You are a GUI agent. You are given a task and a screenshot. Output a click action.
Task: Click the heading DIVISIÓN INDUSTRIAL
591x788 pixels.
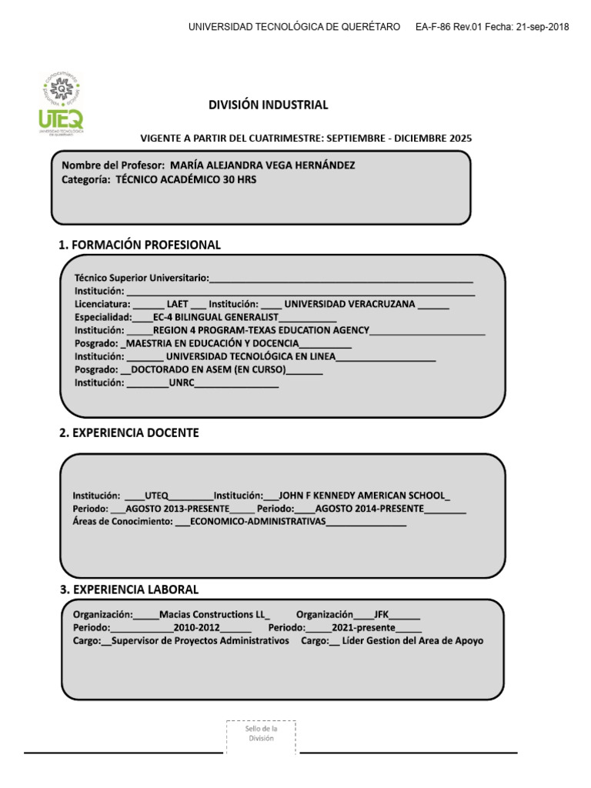tap(269, 105)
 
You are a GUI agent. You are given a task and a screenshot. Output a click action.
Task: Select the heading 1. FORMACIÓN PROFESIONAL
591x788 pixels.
tap(140, 245)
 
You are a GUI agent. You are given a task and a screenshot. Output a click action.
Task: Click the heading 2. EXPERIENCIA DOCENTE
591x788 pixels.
tap(129, 433)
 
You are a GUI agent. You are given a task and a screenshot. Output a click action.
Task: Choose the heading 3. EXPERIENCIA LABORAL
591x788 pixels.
tap(129, 589)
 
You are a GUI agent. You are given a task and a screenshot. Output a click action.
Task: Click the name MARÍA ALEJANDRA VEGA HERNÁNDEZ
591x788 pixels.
tap(262, 165)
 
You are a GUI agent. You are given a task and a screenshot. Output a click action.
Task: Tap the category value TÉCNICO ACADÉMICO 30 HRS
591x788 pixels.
tap(185, 180)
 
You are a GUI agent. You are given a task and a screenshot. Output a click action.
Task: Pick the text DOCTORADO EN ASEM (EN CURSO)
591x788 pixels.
tap(208, 369)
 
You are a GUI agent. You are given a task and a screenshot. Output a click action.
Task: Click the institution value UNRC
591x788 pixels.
tap(181, 382)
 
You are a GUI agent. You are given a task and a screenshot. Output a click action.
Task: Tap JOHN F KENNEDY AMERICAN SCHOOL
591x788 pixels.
tap(362, 496)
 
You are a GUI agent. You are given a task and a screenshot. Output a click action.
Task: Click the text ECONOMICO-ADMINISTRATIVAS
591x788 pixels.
tap(258, 523)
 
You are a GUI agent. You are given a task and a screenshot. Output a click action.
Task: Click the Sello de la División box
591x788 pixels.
tap(261, 733)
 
